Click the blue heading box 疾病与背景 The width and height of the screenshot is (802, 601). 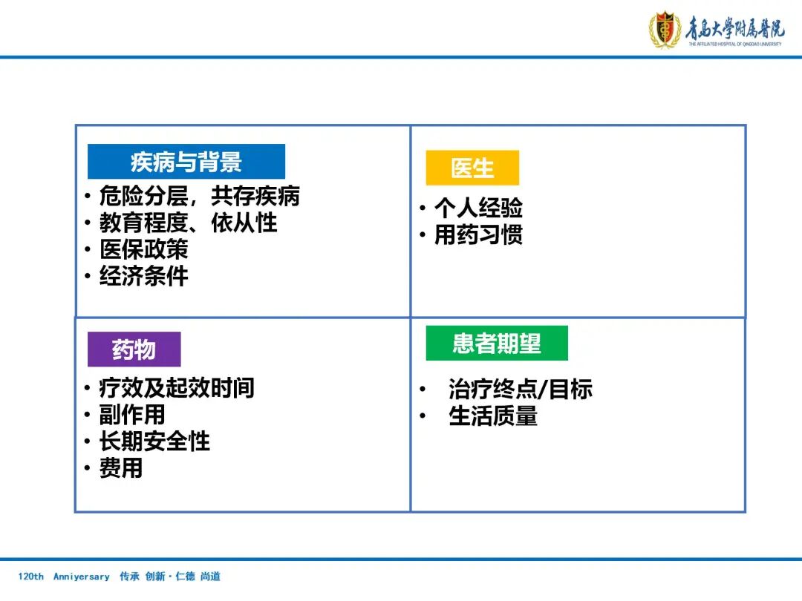click(x=186, y=162)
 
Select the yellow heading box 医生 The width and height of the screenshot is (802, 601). click(x=472, y=168)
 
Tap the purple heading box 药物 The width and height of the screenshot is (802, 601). click(x=134, y=349)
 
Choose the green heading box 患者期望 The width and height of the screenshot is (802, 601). click(x=497, y=344)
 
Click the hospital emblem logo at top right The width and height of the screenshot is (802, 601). click(x=665, y=30)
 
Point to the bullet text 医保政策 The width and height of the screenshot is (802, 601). click(x=144, y=249)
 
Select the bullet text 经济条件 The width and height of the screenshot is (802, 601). click(x=144, y=276)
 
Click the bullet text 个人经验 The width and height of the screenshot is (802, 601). click(x=478, y=208)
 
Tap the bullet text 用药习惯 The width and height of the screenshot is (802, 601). click(x=478, y=235)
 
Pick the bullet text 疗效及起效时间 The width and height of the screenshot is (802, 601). click(x=177, y=388)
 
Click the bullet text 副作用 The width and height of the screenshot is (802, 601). click(x=132, y=415)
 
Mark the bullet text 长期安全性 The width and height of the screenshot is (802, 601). click(x=154, y=441)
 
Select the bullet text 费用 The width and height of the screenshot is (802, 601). click(x=121, y=468)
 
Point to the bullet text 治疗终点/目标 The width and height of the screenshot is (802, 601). click(x=521, y=390)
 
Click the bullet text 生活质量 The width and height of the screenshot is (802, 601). click(x=493, y=416)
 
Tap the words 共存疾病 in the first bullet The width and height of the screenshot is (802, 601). click(x=255, y=196)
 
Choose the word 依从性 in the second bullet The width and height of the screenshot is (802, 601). click(x=244, y=223)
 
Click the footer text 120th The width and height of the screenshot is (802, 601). click(x=31, y=577)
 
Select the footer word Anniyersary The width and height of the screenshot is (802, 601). click(x=81, y=577)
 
